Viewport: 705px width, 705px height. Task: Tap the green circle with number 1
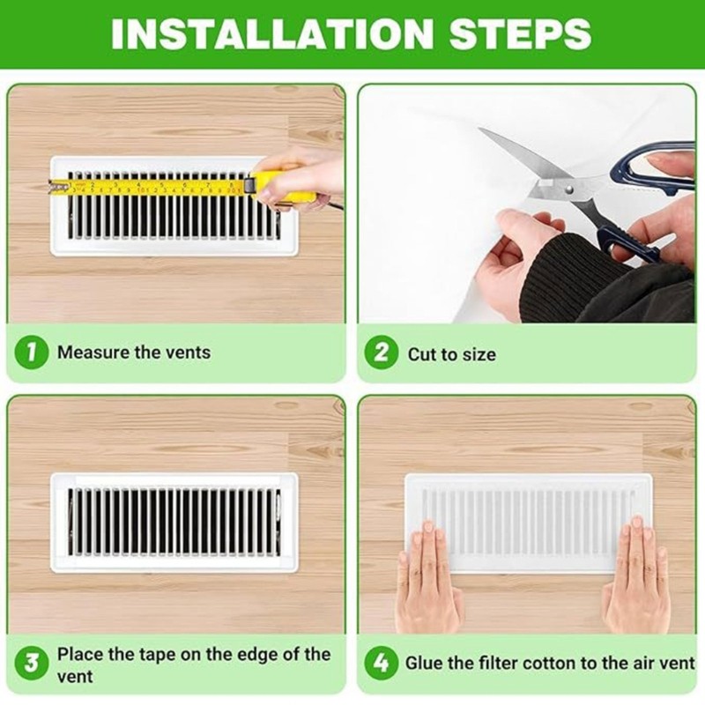pos(30,352)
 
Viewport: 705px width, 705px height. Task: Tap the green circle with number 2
pos(381,353)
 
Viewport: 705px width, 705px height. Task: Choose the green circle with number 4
pos(381,664)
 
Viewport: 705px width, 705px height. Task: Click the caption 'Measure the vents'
pos(134,352)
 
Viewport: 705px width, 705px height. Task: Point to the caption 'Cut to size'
pos(451,354)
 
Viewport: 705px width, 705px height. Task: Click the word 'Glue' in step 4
pos(423,664)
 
